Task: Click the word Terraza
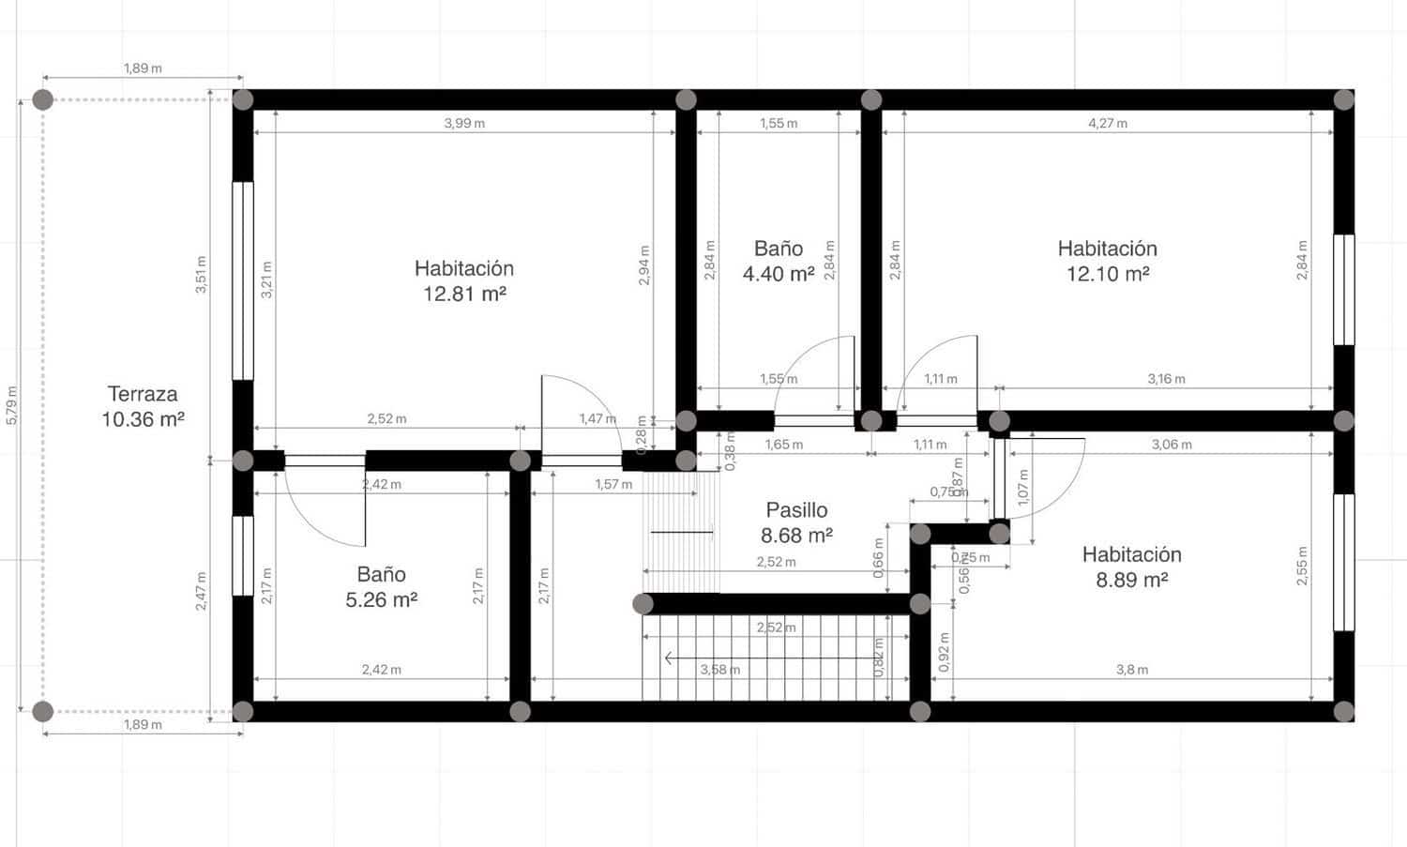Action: tap(143, 394)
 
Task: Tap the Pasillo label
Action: tap(796, 510)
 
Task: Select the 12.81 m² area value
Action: tap(464, 294)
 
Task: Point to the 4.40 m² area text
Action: tap(779, 274)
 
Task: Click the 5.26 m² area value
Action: tap(381, 599)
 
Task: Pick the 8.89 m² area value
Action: tap(1131, 580)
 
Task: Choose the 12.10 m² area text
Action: tap(1108, 274)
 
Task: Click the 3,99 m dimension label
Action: tap(464, 123)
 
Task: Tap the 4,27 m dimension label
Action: tap(1108, 123)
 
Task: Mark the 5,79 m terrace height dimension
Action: tap(11, 405)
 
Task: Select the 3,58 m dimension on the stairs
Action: tap(719, 670)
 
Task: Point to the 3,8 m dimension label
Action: tap(1132, 670)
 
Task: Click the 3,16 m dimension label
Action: tap(1166, 379)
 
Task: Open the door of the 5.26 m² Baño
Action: tap(324, 507)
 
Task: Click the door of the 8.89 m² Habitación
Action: tap(1041, 478)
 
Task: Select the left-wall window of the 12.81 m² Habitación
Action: tap(243, 280)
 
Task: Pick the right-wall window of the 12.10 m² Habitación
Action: tap(1343, 290)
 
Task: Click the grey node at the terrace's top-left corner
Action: tap(42, 99)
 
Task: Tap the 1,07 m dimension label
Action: tap(1023, 488)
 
